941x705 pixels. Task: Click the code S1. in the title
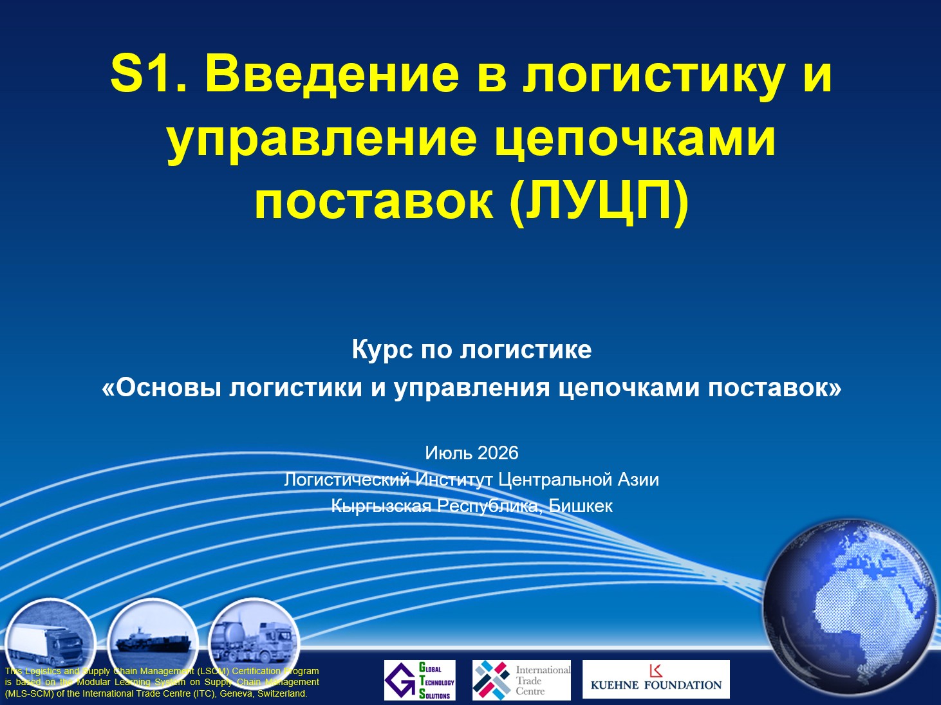coord(148,74)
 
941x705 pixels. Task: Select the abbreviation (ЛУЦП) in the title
coord(599,201)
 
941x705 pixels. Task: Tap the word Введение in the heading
coord(332,74)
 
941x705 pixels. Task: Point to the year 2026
coord(498,453)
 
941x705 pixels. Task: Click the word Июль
coord(449,453)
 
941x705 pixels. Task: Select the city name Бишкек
coord(581,506)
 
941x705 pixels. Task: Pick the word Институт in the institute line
coord(454,479)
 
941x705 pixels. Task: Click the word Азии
coord(638,479)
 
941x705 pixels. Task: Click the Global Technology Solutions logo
coord(420,680)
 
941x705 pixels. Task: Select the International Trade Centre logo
coord(521,680)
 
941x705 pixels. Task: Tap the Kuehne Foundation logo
coord(656,679)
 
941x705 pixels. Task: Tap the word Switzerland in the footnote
coord(282,693)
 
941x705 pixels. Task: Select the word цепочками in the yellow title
coord(635,140)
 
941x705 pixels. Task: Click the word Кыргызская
coord(381,506)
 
